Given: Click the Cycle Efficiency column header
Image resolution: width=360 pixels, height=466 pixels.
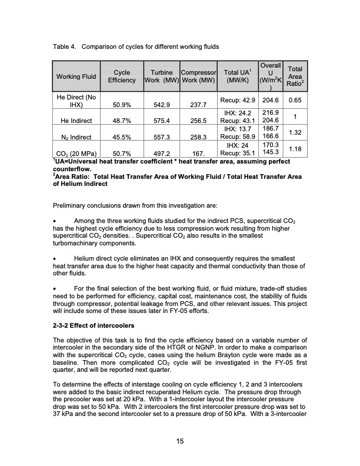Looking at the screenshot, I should click(x=122, y=76).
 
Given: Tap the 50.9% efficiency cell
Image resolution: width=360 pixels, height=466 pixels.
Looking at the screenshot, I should click(x=122, y=106).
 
